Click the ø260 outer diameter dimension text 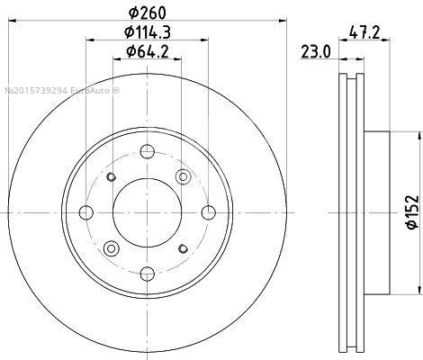[148, 13]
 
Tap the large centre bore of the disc [148, 211]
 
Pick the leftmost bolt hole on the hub [86, 212]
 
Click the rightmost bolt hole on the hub [209, 211]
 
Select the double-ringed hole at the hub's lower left [111, 248]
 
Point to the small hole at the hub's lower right [184, 248]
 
